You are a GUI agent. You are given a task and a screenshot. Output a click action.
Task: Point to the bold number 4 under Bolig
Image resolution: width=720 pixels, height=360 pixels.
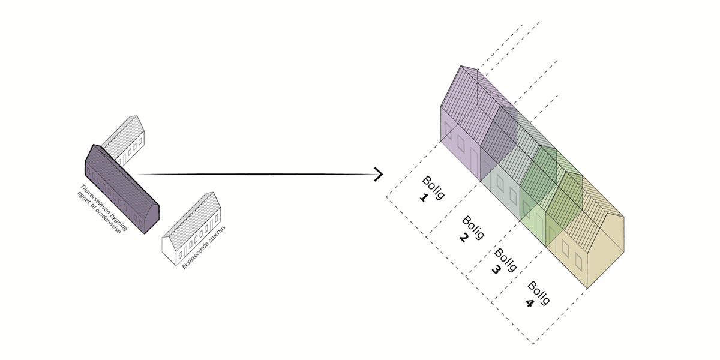point(529,303)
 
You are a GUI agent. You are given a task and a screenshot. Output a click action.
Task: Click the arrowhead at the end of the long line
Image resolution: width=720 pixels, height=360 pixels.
point(379,175)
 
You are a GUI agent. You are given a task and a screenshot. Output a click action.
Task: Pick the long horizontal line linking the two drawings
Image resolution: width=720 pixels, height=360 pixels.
point(258,175)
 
